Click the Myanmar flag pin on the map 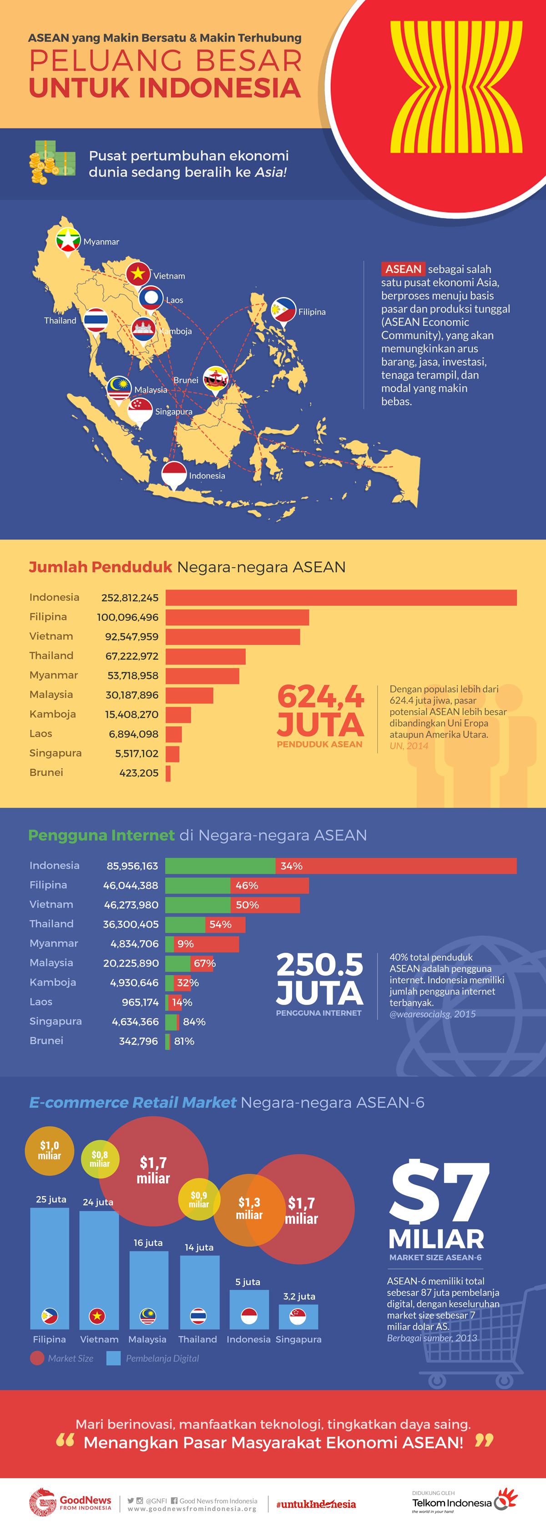click(x=68, y=240)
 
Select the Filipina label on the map click(x=312, y=312)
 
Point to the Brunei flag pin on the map click(x=215, y=378)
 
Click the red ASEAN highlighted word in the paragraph click(x=403, y=269)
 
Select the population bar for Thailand click(x=205, y=656)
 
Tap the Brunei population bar click(x=168, y=773)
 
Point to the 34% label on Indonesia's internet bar click(x=292, y=866)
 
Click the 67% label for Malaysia click(x=204, y=963)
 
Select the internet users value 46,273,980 click(x=131, y=905)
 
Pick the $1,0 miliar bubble click(x=49, y=1151)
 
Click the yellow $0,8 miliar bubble click(x=100, y=1159)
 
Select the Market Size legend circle click(x=37, y=1358)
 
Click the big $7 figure click(x=439, y=1192)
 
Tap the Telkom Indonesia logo click(x=464, y=1502)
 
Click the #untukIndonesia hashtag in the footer click(x=316, y=1504)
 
